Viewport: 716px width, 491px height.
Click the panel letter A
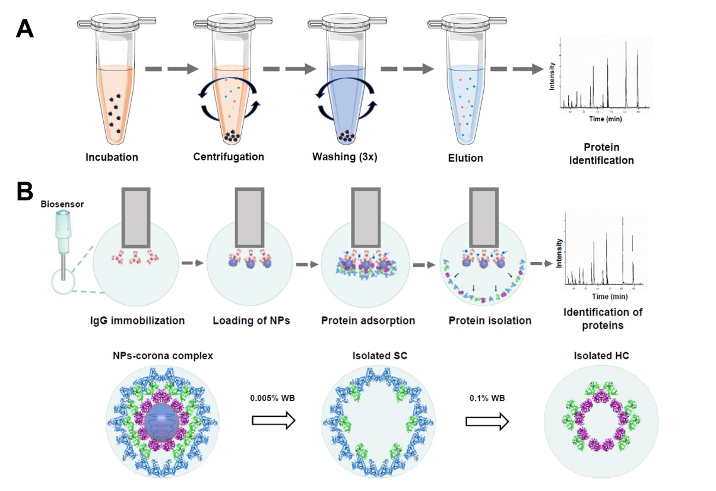click(24, 28)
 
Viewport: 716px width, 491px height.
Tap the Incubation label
click(112, 158)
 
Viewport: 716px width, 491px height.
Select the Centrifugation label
click(229, 157)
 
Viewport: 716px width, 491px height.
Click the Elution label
click(466, 158)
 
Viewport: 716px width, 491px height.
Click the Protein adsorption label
click(368, 321)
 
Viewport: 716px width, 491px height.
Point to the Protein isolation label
click(490, 321)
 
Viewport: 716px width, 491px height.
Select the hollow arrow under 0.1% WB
click(487, 420)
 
